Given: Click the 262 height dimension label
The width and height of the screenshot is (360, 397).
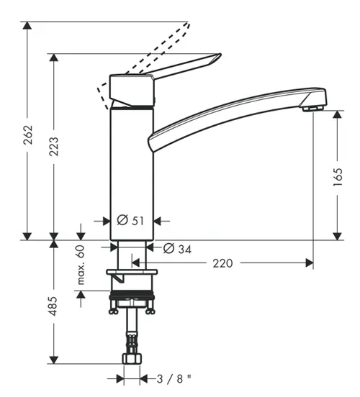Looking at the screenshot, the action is coord(28,134).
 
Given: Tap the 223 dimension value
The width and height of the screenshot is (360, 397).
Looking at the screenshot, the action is coord(53,146).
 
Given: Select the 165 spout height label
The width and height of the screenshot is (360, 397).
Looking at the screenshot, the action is coord(338,177).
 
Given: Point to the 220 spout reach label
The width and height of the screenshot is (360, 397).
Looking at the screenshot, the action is coord(222,263).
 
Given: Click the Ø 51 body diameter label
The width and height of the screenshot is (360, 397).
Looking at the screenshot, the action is coord(130,220).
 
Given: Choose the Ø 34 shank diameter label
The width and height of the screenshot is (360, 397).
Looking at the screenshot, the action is coord(177,249).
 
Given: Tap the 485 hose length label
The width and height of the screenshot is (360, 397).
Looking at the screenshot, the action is coord(53,306).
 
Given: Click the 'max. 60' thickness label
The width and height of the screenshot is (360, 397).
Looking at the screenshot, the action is coord(81,265).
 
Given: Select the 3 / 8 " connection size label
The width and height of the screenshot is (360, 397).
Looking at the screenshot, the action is coord(174,379).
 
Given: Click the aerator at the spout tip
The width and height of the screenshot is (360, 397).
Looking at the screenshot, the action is coord(313,109).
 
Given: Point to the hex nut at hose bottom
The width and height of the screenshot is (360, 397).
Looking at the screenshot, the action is coord(132,358).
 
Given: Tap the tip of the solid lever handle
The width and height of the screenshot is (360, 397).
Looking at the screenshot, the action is coord(220,54).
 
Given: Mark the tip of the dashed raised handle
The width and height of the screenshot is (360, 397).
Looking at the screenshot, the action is coord(189,23).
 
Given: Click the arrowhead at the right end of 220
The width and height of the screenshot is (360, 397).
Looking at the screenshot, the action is coord(310,263).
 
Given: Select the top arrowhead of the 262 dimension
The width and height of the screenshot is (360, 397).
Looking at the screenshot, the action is coord(27,26).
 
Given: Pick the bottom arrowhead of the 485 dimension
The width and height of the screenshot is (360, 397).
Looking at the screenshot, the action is coord(53,360).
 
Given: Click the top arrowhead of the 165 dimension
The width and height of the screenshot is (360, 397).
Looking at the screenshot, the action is coord(337,114).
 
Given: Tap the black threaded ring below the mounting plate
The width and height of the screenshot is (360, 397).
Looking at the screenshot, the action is coord(132,295).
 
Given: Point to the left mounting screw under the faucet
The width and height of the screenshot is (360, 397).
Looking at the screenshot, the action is coord(113,307).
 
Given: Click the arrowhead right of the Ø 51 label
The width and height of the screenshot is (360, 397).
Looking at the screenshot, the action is coord(158,221).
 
